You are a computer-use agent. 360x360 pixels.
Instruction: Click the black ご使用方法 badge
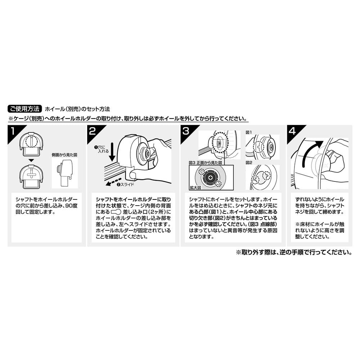(x=25, y=109)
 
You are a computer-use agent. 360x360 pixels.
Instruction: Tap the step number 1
(x=13, y=131)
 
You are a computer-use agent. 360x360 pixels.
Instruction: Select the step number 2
(x=92, y=131)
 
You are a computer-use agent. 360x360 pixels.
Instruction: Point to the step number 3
(x=186, y=131)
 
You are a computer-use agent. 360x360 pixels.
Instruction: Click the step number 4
(x=292, y=131)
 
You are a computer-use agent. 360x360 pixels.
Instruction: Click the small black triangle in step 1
(x=31, y=160)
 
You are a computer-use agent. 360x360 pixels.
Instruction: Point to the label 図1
(x=249, y=132)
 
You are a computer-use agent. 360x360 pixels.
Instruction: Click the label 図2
(x=249, y=163)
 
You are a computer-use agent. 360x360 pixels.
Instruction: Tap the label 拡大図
(x=195, y=188)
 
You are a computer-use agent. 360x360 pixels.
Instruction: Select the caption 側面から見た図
(x=64, y=155)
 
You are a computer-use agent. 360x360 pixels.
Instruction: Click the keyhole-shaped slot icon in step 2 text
(x=116, y=212)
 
